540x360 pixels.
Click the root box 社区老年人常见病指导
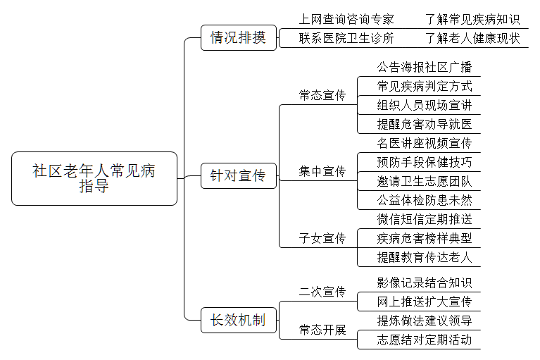coord(94,179)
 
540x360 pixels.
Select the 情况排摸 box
coord(238,38)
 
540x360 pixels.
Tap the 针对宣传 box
coord(238,175)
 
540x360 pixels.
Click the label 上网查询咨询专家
coord(346,19)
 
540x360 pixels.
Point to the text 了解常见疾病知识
coord(472,19)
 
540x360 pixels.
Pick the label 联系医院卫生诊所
coord(346,38)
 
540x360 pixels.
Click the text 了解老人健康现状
coord(472,38)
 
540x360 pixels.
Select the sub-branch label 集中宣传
coord(322,171)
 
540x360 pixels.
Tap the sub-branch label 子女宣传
coord(322,238)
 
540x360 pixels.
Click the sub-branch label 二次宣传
coord(322,292)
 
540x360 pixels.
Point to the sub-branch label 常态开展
coord(322,330)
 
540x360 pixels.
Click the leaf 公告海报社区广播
coord(424,68)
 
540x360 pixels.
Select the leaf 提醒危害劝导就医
coord(424,125)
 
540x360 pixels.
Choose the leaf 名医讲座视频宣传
coord(424,144)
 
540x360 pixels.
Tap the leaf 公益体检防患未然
coord(424,200)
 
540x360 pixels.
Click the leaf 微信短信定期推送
coord(424,219)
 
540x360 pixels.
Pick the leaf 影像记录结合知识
coord(424,283)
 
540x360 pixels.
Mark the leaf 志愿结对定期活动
coord(424,340)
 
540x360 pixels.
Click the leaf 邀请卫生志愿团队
coord(424,181)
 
